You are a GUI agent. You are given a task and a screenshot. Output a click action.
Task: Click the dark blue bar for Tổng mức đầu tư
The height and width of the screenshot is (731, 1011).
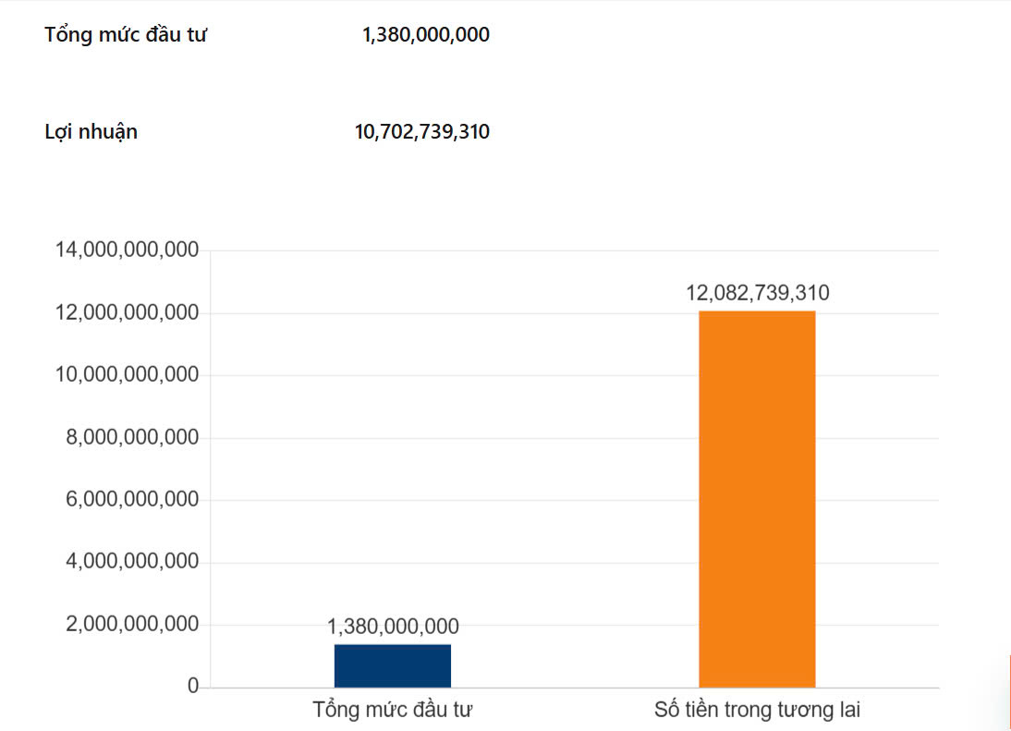point(392,665)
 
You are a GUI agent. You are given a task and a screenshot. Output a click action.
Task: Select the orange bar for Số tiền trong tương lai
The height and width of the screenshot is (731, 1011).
point(757,499)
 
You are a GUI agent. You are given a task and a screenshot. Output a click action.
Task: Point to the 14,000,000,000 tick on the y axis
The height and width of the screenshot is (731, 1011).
point(128,250)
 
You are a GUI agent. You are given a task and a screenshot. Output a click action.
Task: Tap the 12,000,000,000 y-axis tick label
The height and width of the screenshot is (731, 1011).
point(128,313)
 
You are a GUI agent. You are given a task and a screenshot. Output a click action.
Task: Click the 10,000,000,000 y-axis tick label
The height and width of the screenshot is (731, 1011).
point(128,375)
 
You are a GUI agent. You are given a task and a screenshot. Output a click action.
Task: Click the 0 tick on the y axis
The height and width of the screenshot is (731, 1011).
point(193,687)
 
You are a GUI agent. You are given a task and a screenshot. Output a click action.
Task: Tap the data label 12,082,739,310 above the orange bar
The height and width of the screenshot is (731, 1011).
point(757,294)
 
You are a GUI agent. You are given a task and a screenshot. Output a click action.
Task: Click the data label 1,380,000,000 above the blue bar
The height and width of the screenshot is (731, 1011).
point(393,627)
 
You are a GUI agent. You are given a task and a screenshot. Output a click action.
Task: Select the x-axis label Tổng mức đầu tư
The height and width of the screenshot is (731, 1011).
point(393,711)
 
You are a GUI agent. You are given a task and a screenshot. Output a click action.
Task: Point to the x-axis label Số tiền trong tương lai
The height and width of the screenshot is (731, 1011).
point(757,711)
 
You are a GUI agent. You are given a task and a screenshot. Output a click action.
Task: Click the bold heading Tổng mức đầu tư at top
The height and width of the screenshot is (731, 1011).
point(126,36)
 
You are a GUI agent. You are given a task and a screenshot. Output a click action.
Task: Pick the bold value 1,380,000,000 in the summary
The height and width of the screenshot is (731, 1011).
point(426,36)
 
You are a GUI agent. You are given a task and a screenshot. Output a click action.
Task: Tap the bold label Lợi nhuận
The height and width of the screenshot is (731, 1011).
point(91,132)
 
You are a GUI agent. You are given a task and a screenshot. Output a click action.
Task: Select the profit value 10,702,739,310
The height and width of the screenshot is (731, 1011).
point(422,132)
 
